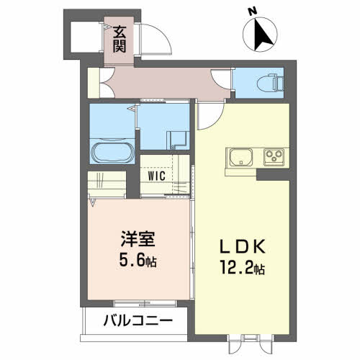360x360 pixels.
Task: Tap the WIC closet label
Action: tap(158, 174)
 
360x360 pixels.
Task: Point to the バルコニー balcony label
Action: tap(135, 318)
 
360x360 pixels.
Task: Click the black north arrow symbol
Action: tap(260, 35)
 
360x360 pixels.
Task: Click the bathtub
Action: tap(111, 153)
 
